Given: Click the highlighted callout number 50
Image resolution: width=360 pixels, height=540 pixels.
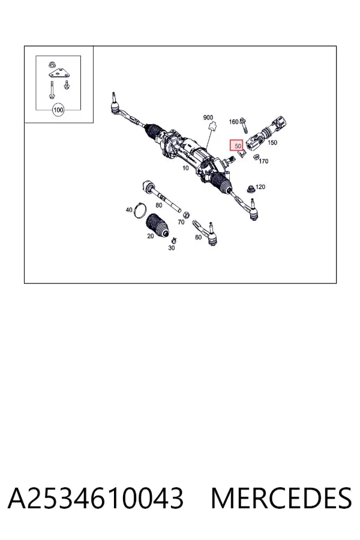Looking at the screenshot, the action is [238, 146].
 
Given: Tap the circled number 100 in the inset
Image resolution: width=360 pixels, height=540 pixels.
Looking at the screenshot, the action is [58, 110].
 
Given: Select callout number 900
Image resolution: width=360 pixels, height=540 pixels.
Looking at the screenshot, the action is [208, 118].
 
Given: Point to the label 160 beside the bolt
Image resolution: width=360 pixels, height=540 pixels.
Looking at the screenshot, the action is [233, 122].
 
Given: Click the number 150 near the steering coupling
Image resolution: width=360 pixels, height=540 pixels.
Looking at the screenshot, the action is [272, 143].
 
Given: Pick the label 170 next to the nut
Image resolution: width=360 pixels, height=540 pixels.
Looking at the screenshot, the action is [263, 161].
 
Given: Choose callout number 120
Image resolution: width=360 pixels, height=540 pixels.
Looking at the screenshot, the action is [260, 187].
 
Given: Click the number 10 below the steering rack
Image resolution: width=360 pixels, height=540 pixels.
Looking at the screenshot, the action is [185, 168].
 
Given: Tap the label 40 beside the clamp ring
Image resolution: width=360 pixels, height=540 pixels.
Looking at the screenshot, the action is [129, 210].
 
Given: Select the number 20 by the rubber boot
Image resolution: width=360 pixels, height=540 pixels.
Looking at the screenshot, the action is [151, 236].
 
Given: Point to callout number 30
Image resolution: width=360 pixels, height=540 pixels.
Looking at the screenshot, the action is [172, 248].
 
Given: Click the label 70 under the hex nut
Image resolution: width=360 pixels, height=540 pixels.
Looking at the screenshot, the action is [181, 222].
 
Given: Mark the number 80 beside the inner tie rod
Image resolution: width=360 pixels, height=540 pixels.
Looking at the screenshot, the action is [159, 205].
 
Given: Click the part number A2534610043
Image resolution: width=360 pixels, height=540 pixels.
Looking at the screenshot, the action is [95, 498].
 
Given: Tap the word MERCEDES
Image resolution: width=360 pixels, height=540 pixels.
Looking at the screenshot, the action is [281, 498].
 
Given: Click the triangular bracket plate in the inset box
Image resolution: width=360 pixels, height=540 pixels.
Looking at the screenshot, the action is [59, 74].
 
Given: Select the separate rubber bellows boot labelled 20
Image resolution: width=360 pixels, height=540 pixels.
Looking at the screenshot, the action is [157, 226].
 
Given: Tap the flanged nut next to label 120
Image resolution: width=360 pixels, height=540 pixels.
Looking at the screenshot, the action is [251, 189].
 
